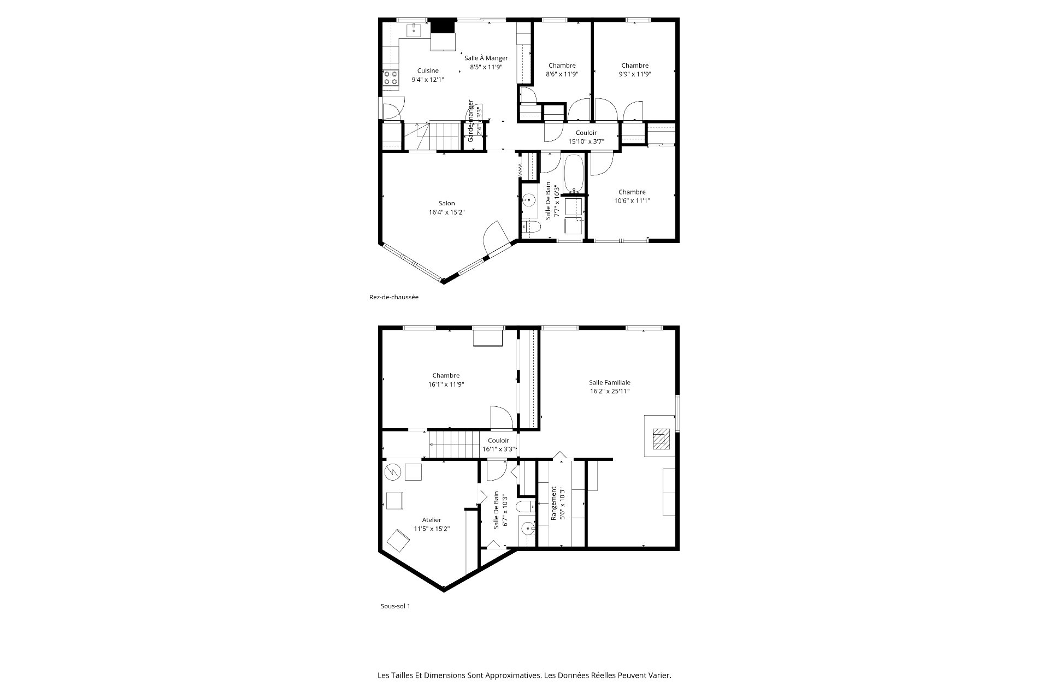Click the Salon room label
(446, 203)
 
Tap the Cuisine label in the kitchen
(428, 70)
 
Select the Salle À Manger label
(486, 58)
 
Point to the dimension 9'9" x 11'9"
(635, 74)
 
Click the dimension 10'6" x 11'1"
(632, 200)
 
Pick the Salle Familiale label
(610, 382)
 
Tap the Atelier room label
(432, 520)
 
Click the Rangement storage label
(553, 503)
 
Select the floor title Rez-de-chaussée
(394, 297)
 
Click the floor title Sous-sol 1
(395, 606)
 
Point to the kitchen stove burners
(390, 78)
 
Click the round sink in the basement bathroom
(527, 528)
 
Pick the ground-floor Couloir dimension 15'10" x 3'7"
(586, 141)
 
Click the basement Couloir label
(498, 440)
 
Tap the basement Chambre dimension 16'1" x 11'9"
(446, 384)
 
